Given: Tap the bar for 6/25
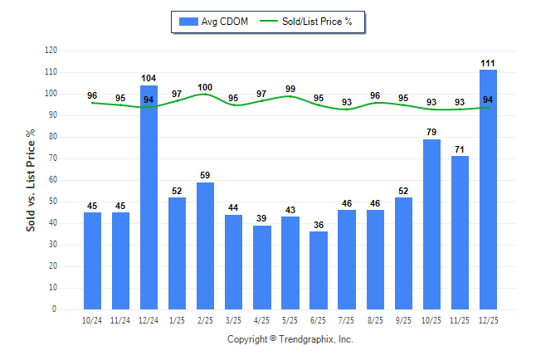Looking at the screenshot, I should coord(319,270).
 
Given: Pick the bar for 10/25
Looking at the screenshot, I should coord(431,224).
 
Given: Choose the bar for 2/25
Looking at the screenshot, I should coord(205,246).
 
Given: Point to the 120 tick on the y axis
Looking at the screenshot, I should coord(51,51).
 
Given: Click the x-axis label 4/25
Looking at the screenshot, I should coord(262,319).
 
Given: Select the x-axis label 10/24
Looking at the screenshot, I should coord(92,319).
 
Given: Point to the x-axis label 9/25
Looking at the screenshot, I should coord(403,319).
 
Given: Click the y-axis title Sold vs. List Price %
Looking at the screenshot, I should coord(31,179).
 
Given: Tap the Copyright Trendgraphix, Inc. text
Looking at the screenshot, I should coord(290,339).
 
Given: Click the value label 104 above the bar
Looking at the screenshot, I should coord(149,77).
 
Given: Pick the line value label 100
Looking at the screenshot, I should coord(205,87).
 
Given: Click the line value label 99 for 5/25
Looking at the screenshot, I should coord(290,89).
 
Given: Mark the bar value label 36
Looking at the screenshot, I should coord(319,224).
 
